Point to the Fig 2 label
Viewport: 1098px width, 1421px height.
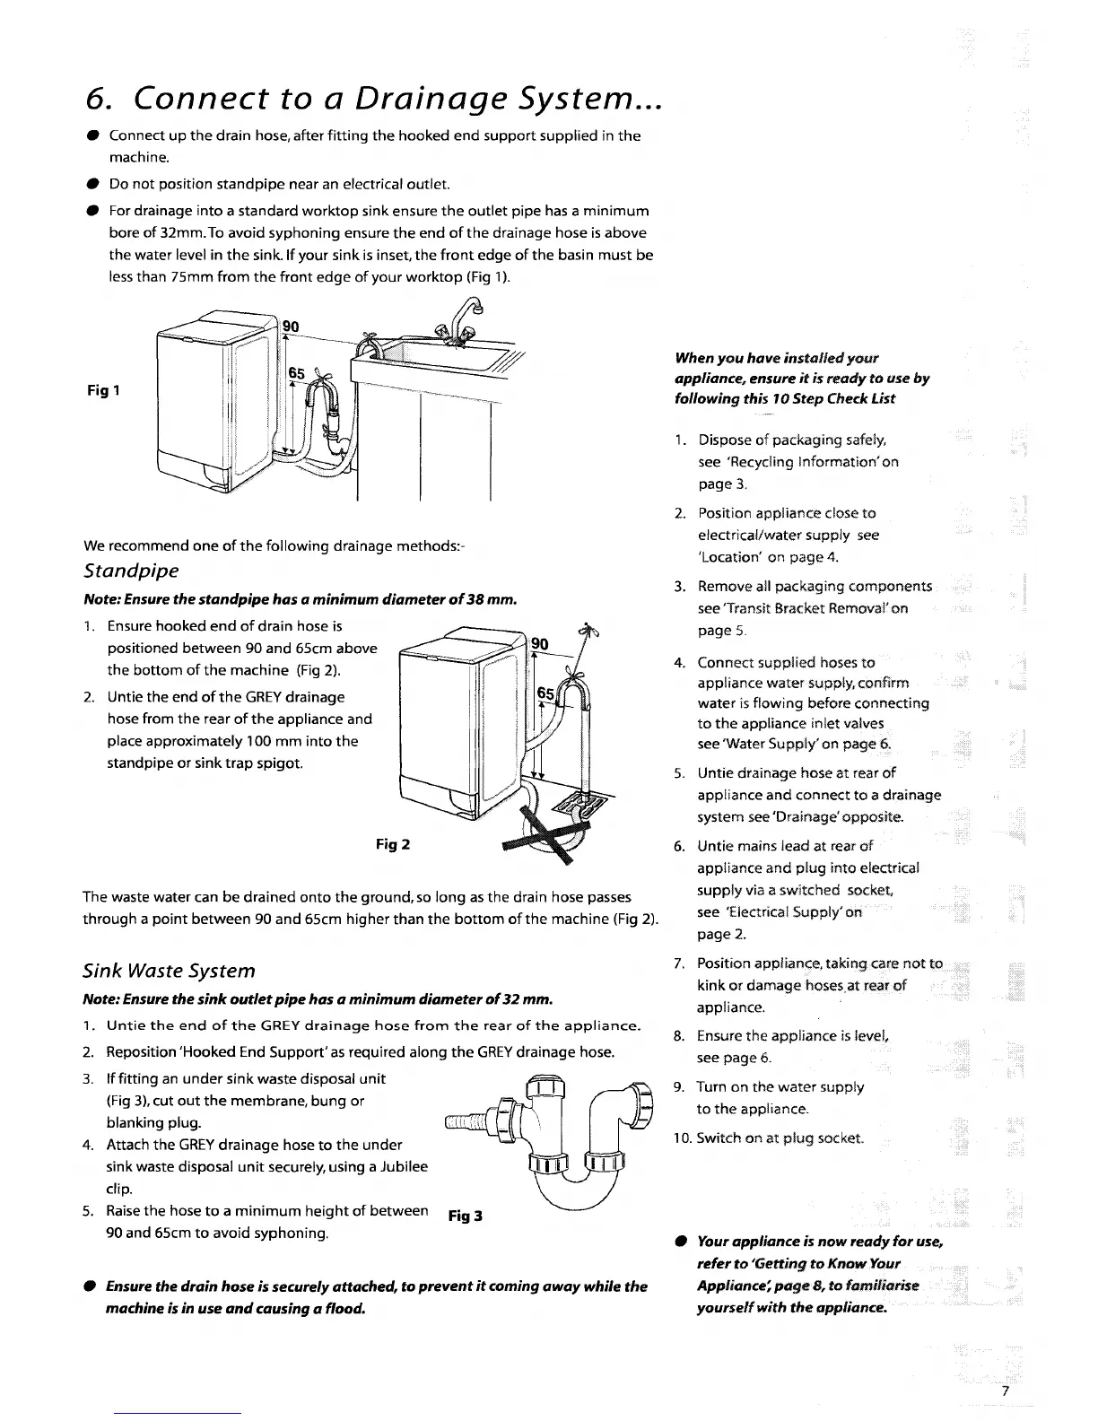coord(392,845)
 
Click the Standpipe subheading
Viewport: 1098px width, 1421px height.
coord(131,571)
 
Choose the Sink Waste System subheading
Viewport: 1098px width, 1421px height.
coord(169,971)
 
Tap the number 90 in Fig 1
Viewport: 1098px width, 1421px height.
coord(291,327)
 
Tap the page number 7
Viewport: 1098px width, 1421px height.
coord(1006,1390)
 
